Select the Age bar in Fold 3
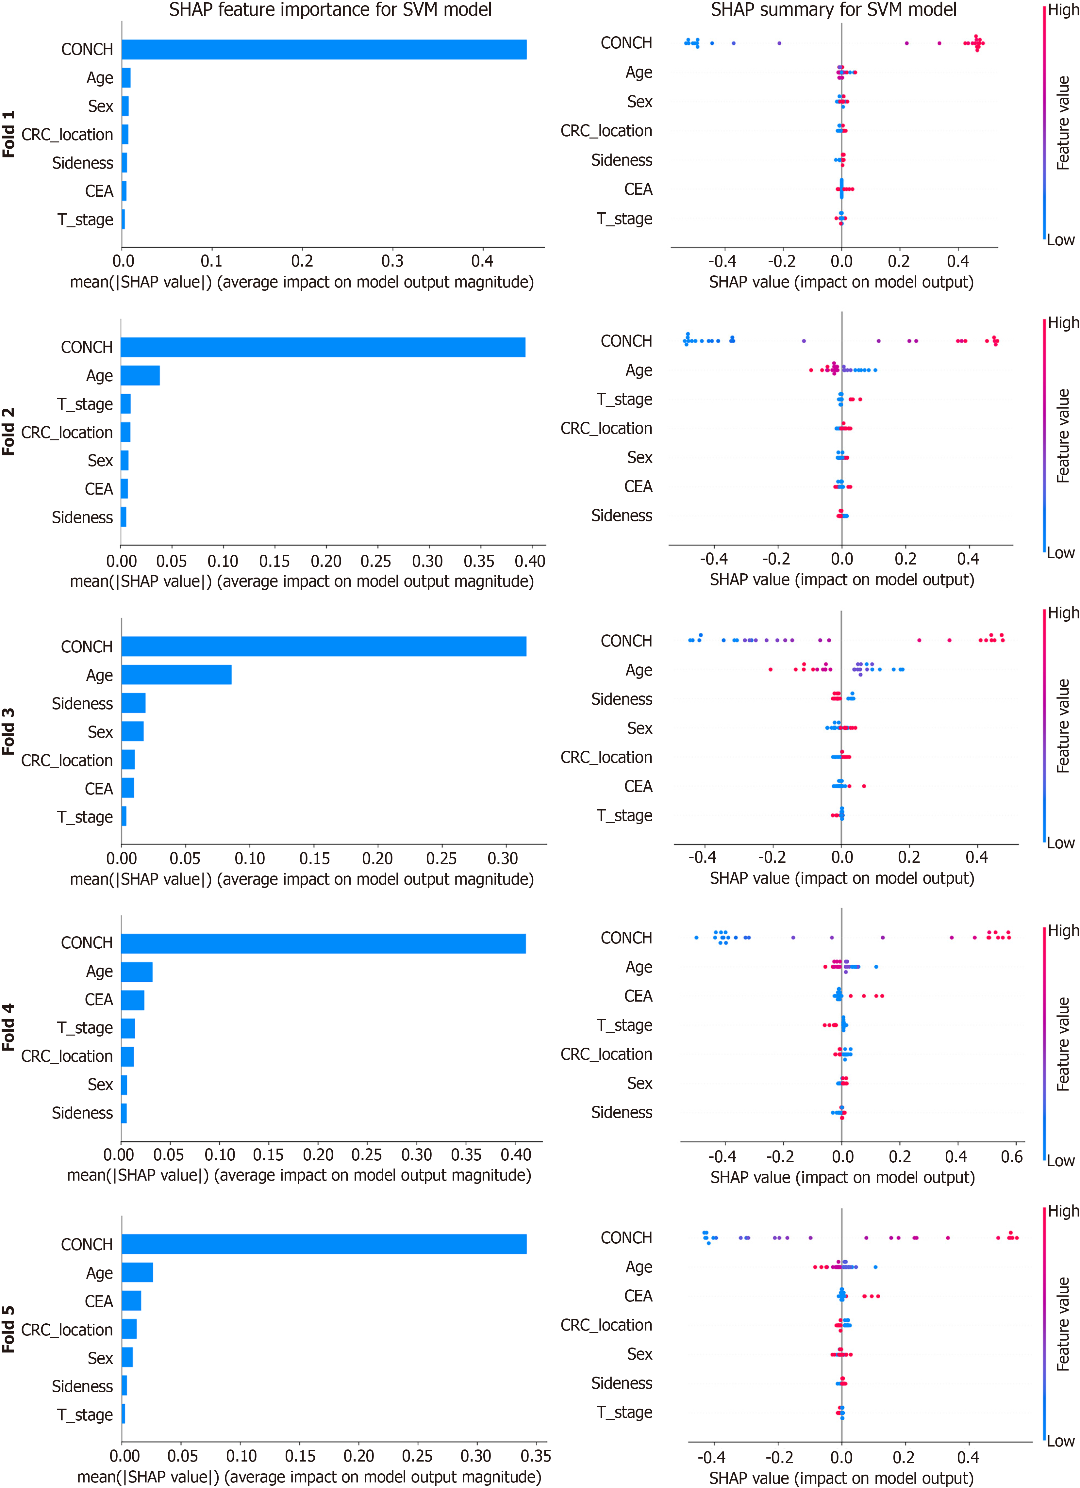click(x=176, y=675)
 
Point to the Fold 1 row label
click(x=8, y=134)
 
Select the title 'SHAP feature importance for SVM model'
click(x=330, y=10)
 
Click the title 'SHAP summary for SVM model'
click(x=833, y=10)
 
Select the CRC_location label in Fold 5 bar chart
click(x=67, y=1330)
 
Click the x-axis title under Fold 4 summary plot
click(x=842, y=1177)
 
